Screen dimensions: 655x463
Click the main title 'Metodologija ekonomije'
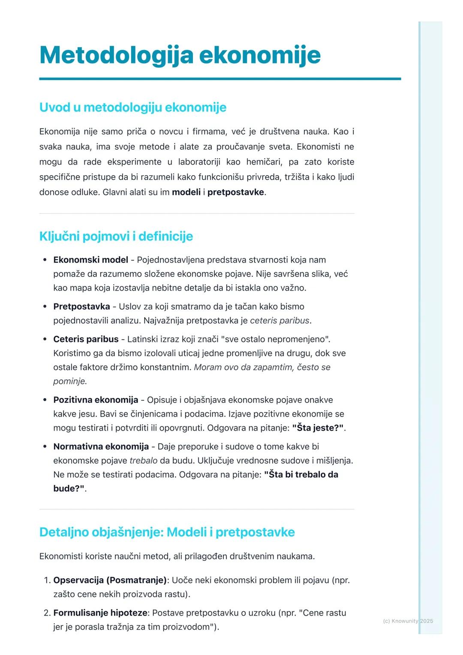pos(180,55)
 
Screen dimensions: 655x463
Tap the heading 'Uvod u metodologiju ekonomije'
pos(132,107)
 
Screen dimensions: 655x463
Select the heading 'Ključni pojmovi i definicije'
pos(116,236)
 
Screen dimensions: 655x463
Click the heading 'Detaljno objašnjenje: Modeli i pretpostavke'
pos(167,532)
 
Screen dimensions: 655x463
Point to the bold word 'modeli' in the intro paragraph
pos(186,192)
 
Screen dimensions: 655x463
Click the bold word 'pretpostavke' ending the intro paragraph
pos(235,192)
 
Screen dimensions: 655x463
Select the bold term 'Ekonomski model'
pos(90,260)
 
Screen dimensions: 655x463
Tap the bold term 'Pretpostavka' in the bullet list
pos(81,306)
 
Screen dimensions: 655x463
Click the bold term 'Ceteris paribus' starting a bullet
pos(86,339)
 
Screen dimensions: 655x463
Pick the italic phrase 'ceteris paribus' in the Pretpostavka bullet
pos(280,321)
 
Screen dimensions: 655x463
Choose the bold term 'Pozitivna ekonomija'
pos(96,400)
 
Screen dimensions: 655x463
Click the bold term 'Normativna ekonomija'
pos(101,447)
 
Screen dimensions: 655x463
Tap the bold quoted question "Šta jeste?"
pos(318,428)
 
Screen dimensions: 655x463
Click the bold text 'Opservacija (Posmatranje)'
pos(110,580)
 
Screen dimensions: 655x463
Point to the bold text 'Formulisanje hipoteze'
pos(100,613)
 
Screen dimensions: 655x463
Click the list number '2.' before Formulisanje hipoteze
pos(47,613)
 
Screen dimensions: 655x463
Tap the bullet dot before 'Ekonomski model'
pos(45,260)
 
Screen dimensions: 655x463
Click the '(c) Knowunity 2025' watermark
pos(408,621)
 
